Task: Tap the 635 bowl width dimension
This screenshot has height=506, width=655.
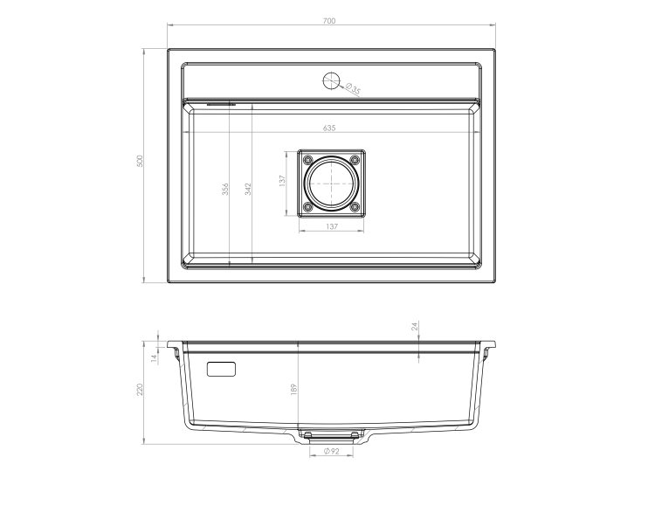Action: (329, 128)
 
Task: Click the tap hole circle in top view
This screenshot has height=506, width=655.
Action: (331, 80)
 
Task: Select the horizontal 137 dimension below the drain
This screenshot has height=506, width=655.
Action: (332, 226)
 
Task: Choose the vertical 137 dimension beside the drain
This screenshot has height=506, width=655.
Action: (283, 182)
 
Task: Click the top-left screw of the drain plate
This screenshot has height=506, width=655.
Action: (307, 158)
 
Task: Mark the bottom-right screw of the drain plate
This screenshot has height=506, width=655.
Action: (355, 207)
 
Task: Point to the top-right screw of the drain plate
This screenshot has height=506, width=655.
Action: (355, 158)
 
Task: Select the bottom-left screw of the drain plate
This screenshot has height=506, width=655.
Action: (307, 207)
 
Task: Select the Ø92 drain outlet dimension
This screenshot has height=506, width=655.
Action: (331, 451)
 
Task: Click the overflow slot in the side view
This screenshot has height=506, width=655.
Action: (221, 368)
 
